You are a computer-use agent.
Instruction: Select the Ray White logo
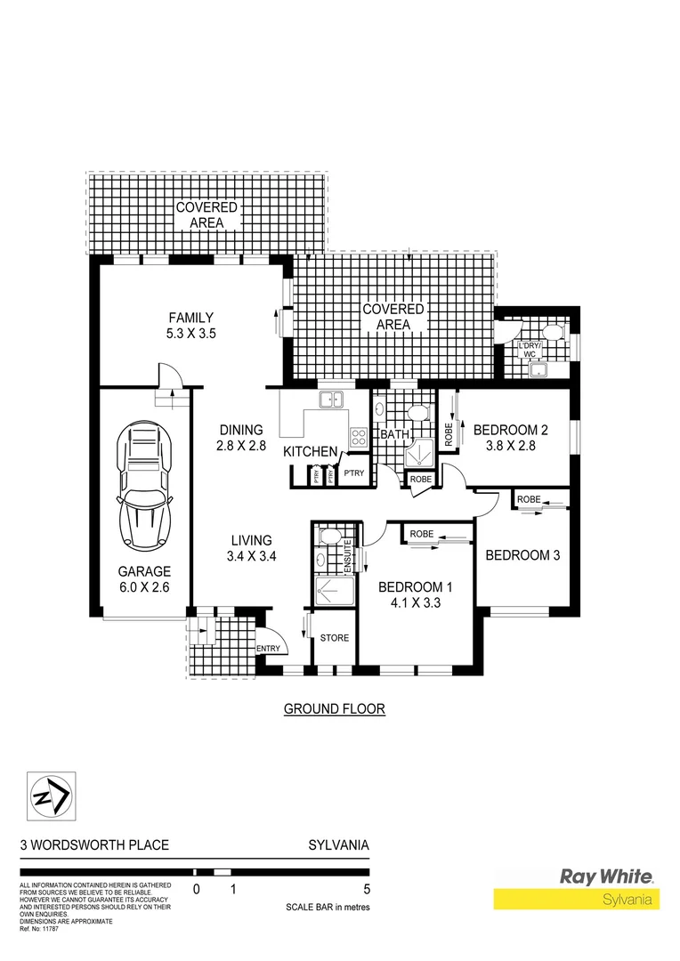click(x=605, y=876)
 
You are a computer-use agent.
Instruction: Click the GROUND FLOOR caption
click(x=334, y=709)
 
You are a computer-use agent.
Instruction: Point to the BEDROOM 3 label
click(x=522, y=555)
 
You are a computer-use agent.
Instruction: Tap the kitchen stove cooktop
click(x=360, y=437)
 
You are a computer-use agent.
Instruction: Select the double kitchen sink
click(x=332, y=400)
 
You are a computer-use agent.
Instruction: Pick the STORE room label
click(x=335, y=638)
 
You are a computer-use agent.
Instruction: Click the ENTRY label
click(x=267, y=649)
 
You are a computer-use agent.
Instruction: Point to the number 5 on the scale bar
click(x=367, y=889)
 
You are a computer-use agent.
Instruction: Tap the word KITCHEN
click(x=310, y=452)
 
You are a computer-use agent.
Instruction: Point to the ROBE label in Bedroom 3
click(x=529, y=499)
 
